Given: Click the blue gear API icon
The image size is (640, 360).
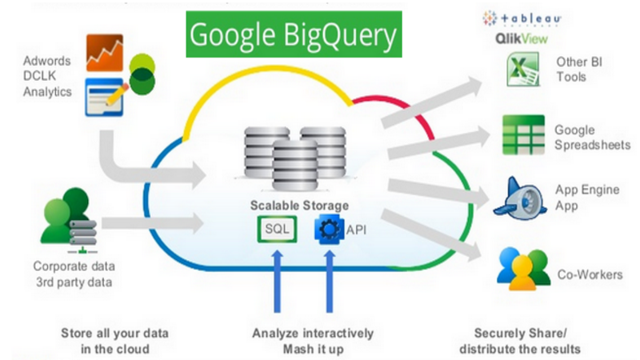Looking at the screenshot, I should [328, 230].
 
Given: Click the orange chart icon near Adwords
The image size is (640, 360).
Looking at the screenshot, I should [105, 52].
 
